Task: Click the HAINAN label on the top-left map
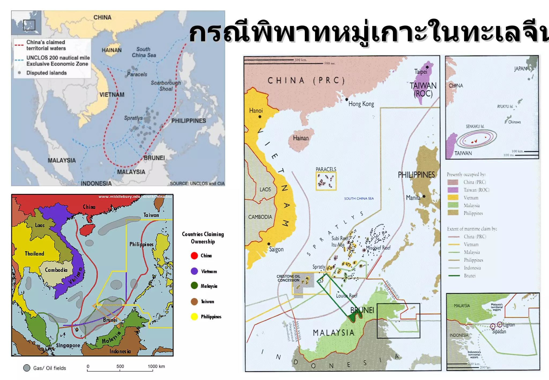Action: [112, 50]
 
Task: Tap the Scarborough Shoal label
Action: [166, 86]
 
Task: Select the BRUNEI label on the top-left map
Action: [154, 158]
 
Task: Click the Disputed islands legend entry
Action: [46, 73]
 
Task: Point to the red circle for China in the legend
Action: [194, 256]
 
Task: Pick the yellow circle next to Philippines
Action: [194, 317]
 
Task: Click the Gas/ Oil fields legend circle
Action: [27, 368]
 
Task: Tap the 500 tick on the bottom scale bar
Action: [120, 367]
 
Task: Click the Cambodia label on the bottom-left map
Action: [56, 270]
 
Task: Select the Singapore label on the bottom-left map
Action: [68, 345]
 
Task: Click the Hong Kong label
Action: [361, 104]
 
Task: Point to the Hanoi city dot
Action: [260, 117]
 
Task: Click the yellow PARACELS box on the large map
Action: [326, 181]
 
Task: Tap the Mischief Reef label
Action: [378, 248]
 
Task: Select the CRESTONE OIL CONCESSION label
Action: [288, 278]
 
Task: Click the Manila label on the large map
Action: [413, 198]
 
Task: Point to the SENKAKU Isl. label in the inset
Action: [475, 126]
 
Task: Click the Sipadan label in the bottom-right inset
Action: [499, 332]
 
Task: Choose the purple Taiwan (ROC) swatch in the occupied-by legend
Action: [453, 190]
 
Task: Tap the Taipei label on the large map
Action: [420, 72]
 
